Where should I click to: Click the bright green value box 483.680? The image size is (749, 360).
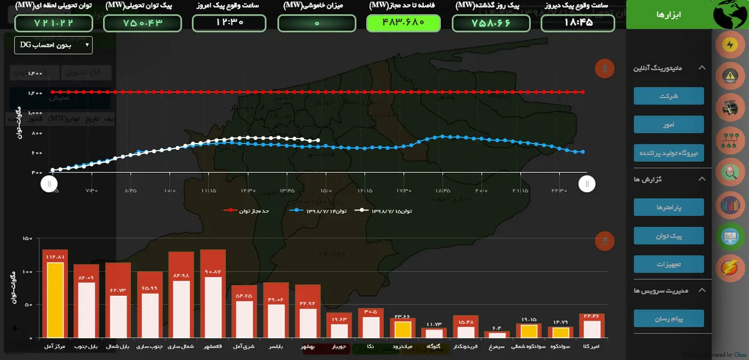403,23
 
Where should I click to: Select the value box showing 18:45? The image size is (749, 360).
577,23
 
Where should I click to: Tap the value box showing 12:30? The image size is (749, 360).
228,23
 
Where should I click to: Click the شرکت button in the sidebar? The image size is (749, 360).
668,96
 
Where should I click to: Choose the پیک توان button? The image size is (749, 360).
668,235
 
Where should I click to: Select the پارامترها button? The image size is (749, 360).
668,207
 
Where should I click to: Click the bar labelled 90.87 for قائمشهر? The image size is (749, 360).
213,306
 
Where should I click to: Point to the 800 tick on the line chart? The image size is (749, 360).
36,133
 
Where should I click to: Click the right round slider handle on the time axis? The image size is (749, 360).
587,183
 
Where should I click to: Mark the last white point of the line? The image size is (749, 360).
318,140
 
